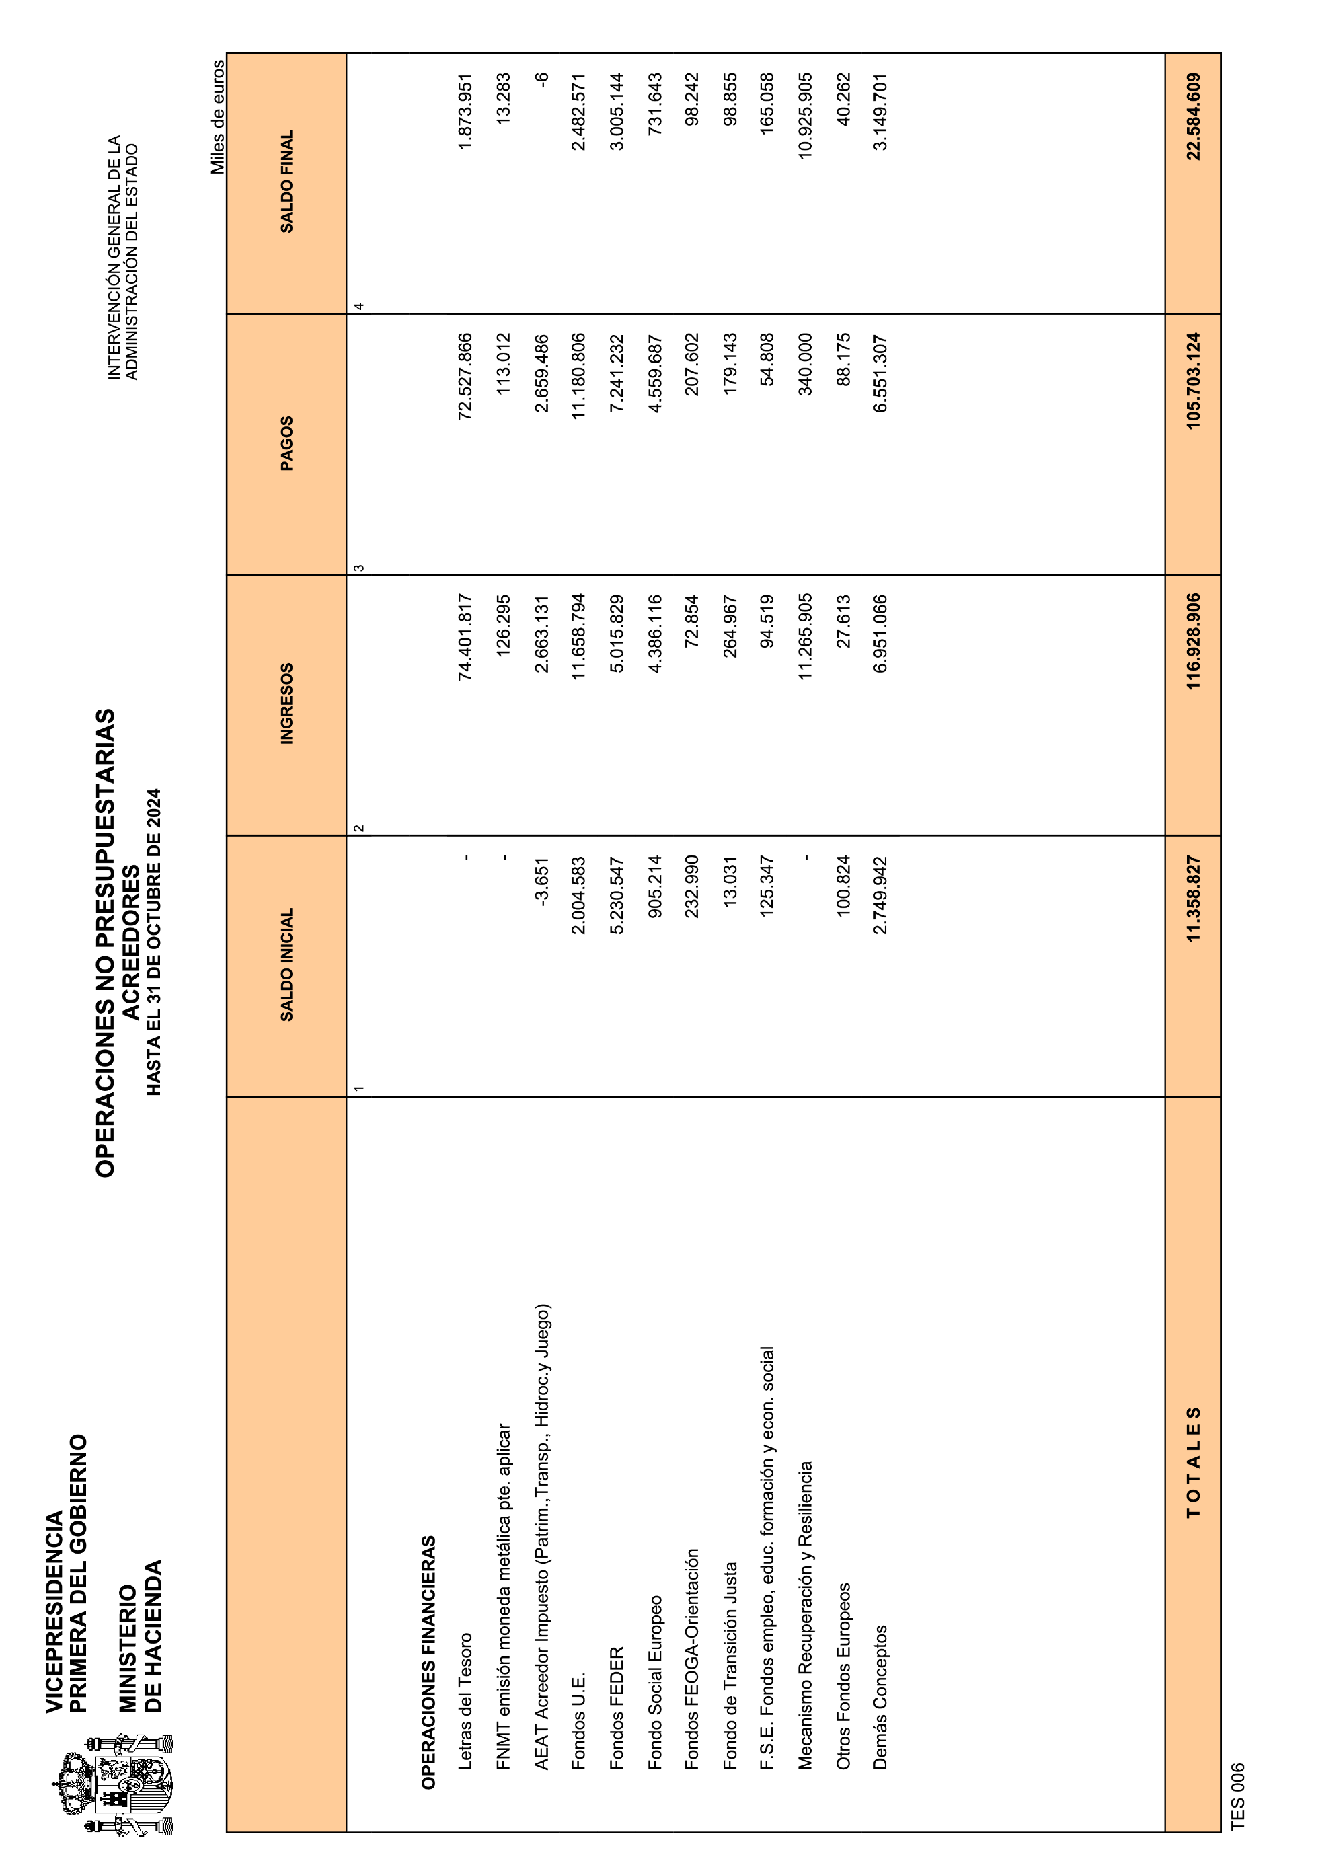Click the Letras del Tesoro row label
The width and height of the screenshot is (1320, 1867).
465,1700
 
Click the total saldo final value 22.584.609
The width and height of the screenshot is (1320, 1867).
1193,116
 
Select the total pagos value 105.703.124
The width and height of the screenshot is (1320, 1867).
1193,381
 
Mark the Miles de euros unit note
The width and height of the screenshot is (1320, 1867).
218,117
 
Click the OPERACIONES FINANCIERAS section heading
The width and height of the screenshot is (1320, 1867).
429,1661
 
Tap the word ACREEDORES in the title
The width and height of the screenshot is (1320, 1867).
130,942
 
